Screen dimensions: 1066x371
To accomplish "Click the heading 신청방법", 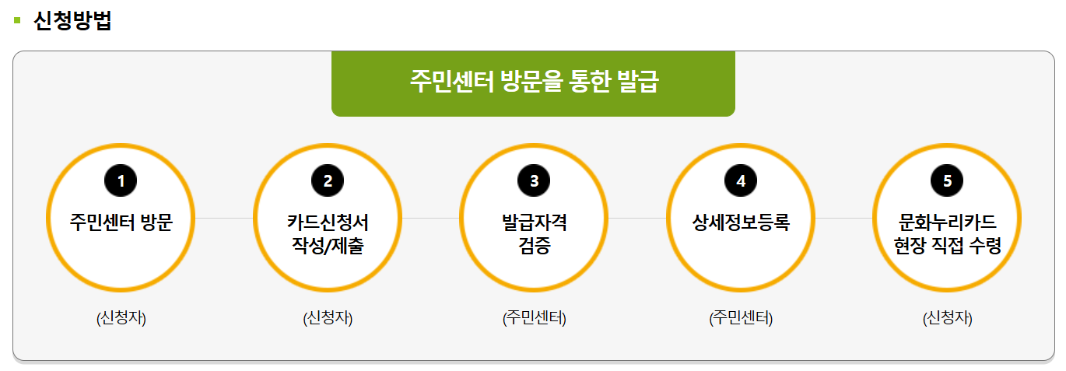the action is tap(73, 21).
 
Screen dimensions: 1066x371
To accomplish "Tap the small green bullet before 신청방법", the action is tap(17, 20).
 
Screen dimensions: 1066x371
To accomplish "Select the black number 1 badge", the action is tap(121, 181).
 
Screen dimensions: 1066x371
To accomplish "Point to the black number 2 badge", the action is tap(328, 181).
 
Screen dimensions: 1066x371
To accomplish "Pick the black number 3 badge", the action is tap(534, 181).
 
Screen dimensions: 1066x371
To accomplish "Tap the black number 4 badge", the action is tap(741, 181).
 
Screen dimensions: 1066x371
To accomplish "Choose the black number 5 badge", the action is tap(947, 181).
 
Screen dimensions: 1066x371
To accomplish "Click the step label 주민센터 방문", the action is tap(121, 222).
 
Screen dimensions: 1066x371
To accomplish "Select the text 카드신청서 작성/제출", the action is tap(328, 234).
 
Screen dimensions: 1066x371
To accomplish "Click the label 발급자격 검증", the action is tap(534, 234).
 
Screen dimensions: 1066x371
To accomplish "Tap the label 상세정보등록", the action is tap(741, 222).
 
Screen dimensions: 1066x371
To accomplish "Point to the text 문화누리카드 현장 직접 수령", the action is tap(947, 234).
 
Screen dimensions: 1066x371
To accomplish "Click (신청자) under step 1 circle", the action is tap(121, 318).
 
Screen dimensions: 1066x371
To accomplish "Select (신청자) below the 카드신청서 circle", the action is tap(328, 318).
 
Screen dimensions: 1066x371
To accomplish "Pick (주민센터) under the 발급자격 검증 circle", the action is tap(534, 318).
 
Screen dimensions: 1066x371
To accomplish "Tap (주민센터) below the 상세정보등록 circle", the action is tap(741, 318).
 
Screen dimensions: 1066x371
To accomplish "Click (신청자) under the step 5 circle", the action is tap(947, 318).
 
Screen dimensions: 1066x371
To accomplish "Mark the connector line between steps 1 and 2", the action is tap(224, 219).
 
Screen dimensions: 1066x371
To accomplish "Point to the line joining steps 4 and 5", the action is tap(844, 219).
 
